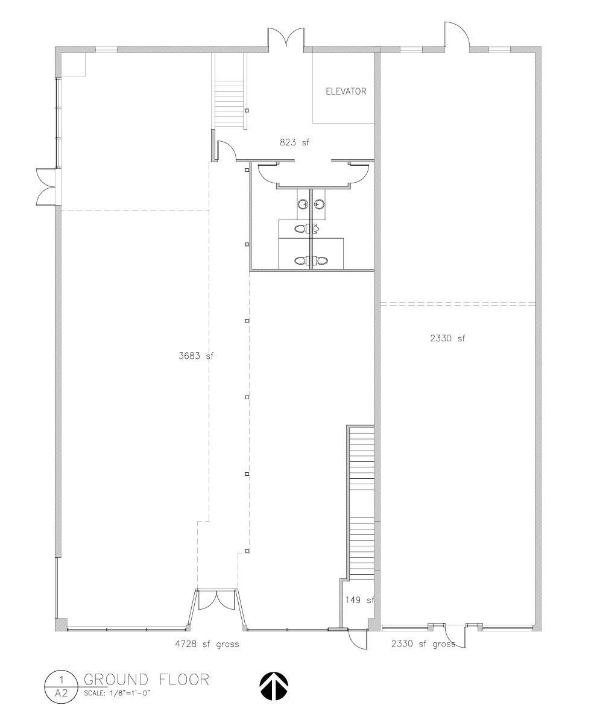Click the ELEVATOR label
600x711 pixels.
click(346, 91)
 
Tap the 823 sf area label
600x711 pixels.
click(294, 142)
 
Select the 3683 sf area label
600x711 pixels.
click(195, 356)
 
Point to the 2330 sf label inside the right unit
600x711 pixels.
click(447, 338)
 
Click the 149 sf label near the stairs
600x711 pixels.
click(359, 601)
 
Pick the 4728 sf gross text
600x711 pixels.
click(207, 644)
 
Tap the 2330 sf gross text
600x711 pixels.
click(423, 644)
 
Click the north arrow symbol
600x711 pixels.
click(274, 686)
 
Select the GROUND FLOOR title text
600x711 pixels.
click(147, 679)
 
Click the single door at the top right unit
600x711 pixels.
click(456, 34)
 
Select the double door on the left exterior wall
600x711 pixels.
click(46, 186)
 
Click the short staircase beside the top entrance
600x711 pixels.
click(230, 104)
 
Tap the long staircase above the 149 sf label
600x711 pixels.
click(362, 504)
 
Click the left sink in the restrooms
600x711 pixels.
click(303, 204)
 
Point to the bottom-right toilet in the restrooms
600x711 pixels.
click(321, 261)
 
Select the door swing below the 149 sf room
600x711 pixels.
click(358, 640)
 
